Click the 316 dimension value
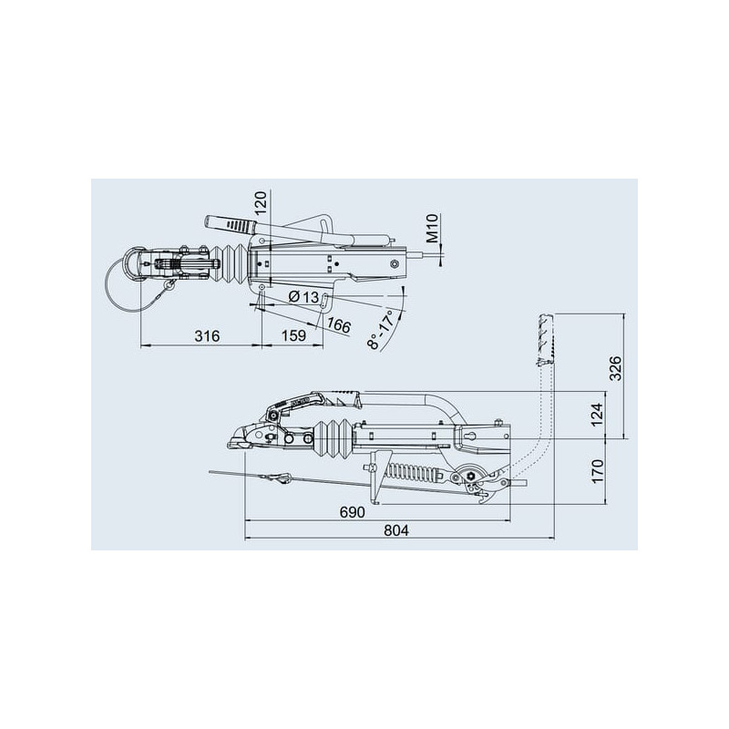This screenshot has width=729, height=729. tap(207, 336)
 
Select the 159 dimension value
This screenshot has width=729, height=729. tap(293, 335)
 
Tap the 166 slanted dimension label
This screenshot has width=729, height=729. tap(339, 325)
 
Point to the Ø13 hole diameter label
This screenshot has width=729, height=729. tap(304, 297)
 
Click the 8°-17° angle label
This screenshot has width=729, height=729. tap(381, 330)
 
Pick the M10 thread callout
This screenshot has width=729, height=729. tap(432, 229)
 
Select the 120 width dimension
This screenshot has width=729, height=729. tap(261, 202)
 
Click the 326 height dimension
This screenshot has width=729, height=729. tap(615, 368)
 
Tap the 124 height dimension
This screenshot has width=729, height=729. tap(597, 415)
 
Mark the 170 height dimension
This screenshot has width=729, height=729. tap(597, 470)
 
